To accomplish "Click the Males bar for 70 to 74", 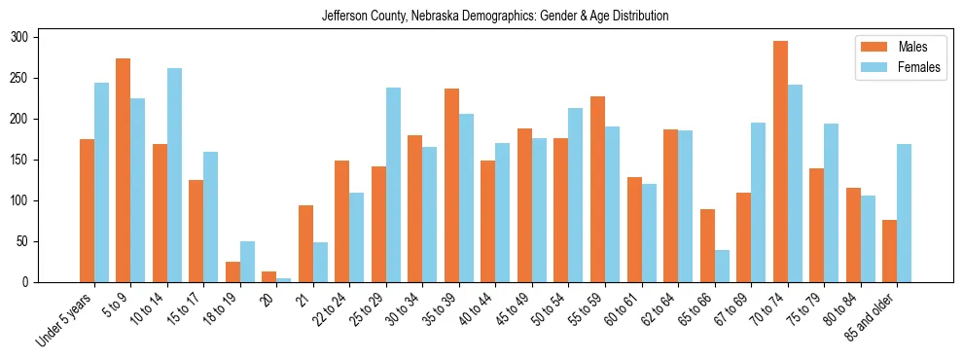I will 780,162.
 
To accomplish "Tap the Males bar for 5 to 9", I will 123,170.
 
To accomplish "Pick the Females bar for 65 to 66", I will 722,266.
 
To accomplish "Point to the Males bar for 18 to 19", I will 232,271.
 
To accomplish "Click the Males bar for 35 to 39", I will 451,185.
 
